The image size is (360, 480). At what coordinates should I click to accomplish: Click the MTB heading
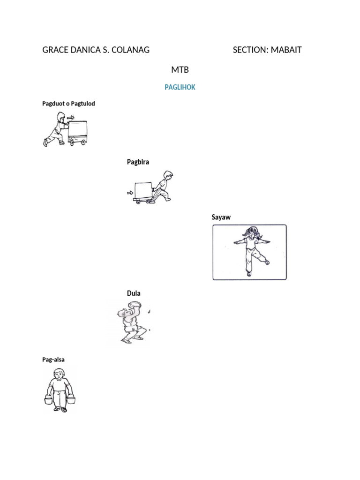pyautogui.click(x=180, y=70)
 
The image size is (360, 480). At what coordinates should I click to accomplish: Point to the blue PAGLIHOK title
pyautogui.click(x=180, y=87)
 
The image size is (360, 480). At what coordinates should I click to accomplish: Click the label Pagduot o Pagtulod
pyautogui.click(x=68, y=103)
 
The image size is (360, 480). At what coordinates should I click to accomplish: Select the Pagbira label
pyautogui.click(x=138, y=162)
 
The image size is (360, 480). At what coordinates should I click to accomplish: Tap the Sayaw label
pyautogui.click(x=221, y=217)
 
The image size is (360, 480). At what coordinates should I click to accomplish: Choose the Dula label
pyautogui.click(x=134, y=293)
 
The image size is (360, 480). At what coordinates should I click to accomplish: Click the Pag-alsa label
pyautogui.click(x=53, y=360)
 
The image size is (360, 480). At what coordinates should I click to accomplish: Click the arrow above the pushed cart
pyautogui.click(x=70, y=118)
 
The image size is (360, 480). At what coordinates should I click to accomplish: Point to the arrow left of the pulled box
pyautogui.click(x=129, y=192)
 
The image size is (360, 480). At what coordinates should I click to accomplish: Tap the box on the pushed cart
pyautogui.click(x=78, y=130)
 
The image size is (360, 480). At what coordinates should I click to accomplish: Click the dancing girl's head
pyautogui.click(x=252, y=232)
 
